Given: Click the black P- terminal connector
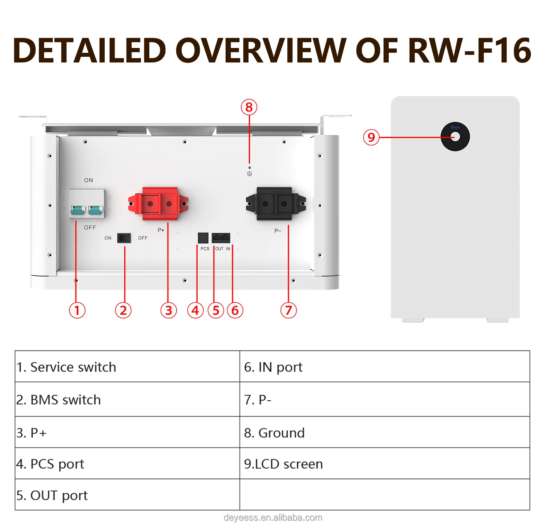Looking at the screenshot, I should tap(275, 204).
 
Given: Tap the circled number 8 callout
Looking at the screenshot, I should tap(249, 108).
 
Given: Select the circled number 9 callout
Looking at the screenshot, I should tap(371, 137).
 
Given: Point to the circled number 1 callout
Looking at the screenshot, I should tap(77, 311).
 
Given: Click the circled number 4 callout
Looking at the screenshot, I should tap(195, 311).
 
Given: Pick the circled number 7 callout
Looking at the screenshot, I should tap(288, 311).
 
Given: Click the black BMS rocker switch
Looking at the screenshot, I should tap(124, 238).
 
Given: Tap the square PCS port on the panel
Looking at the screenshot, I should tap(203, 238).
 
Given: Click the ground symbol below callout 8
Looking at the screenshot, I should tap(249, 174).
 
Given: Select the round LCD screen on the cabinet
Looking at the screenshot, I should tap(455, 137).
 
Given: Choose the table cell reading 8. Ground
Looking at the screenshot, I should tap(274, 433).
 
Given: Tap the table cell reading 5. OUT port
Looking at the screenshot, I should tap(52, 495).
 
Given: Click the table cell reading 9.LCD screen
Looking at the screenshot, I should tap(283, 464).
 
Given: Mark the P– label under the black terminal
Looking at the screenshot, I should tap(278, 231).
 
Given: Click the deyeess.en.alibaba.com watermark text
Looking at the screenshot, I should tap(273, 518).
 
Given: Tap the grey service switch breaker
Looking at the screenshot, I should tap(87, 204).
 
